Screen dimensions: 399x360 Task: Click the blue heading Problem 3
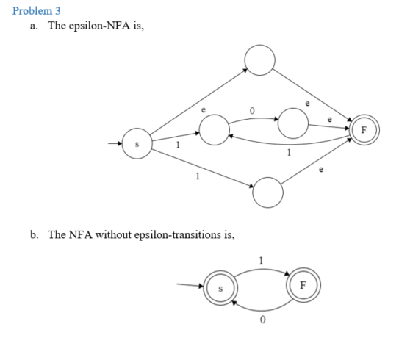pos(37,11)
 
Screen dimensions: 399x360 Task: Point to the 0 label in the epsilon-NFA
pos(252,111)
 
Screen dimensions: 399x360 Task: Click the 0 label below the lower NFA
pos(263,320)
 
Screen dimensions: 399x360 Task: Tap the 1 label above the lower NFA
pos(261,261)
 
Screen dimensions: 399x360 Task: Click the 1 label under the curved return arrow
pos(289,152)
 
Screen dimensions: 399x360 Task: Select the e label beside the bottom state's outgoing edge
pos(321,170)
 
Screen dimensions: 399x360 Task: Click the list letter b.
pos(34,234)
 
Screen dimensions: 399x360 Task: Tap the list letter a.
pos(34,26)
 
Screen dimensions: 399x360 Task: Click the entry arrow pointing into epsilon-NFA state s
pos(115,143)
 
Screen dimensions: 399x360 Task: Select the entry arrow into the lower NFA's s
pos(190,285)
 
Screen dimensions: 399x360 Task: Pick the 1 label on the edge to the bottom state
pos(198,176)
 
